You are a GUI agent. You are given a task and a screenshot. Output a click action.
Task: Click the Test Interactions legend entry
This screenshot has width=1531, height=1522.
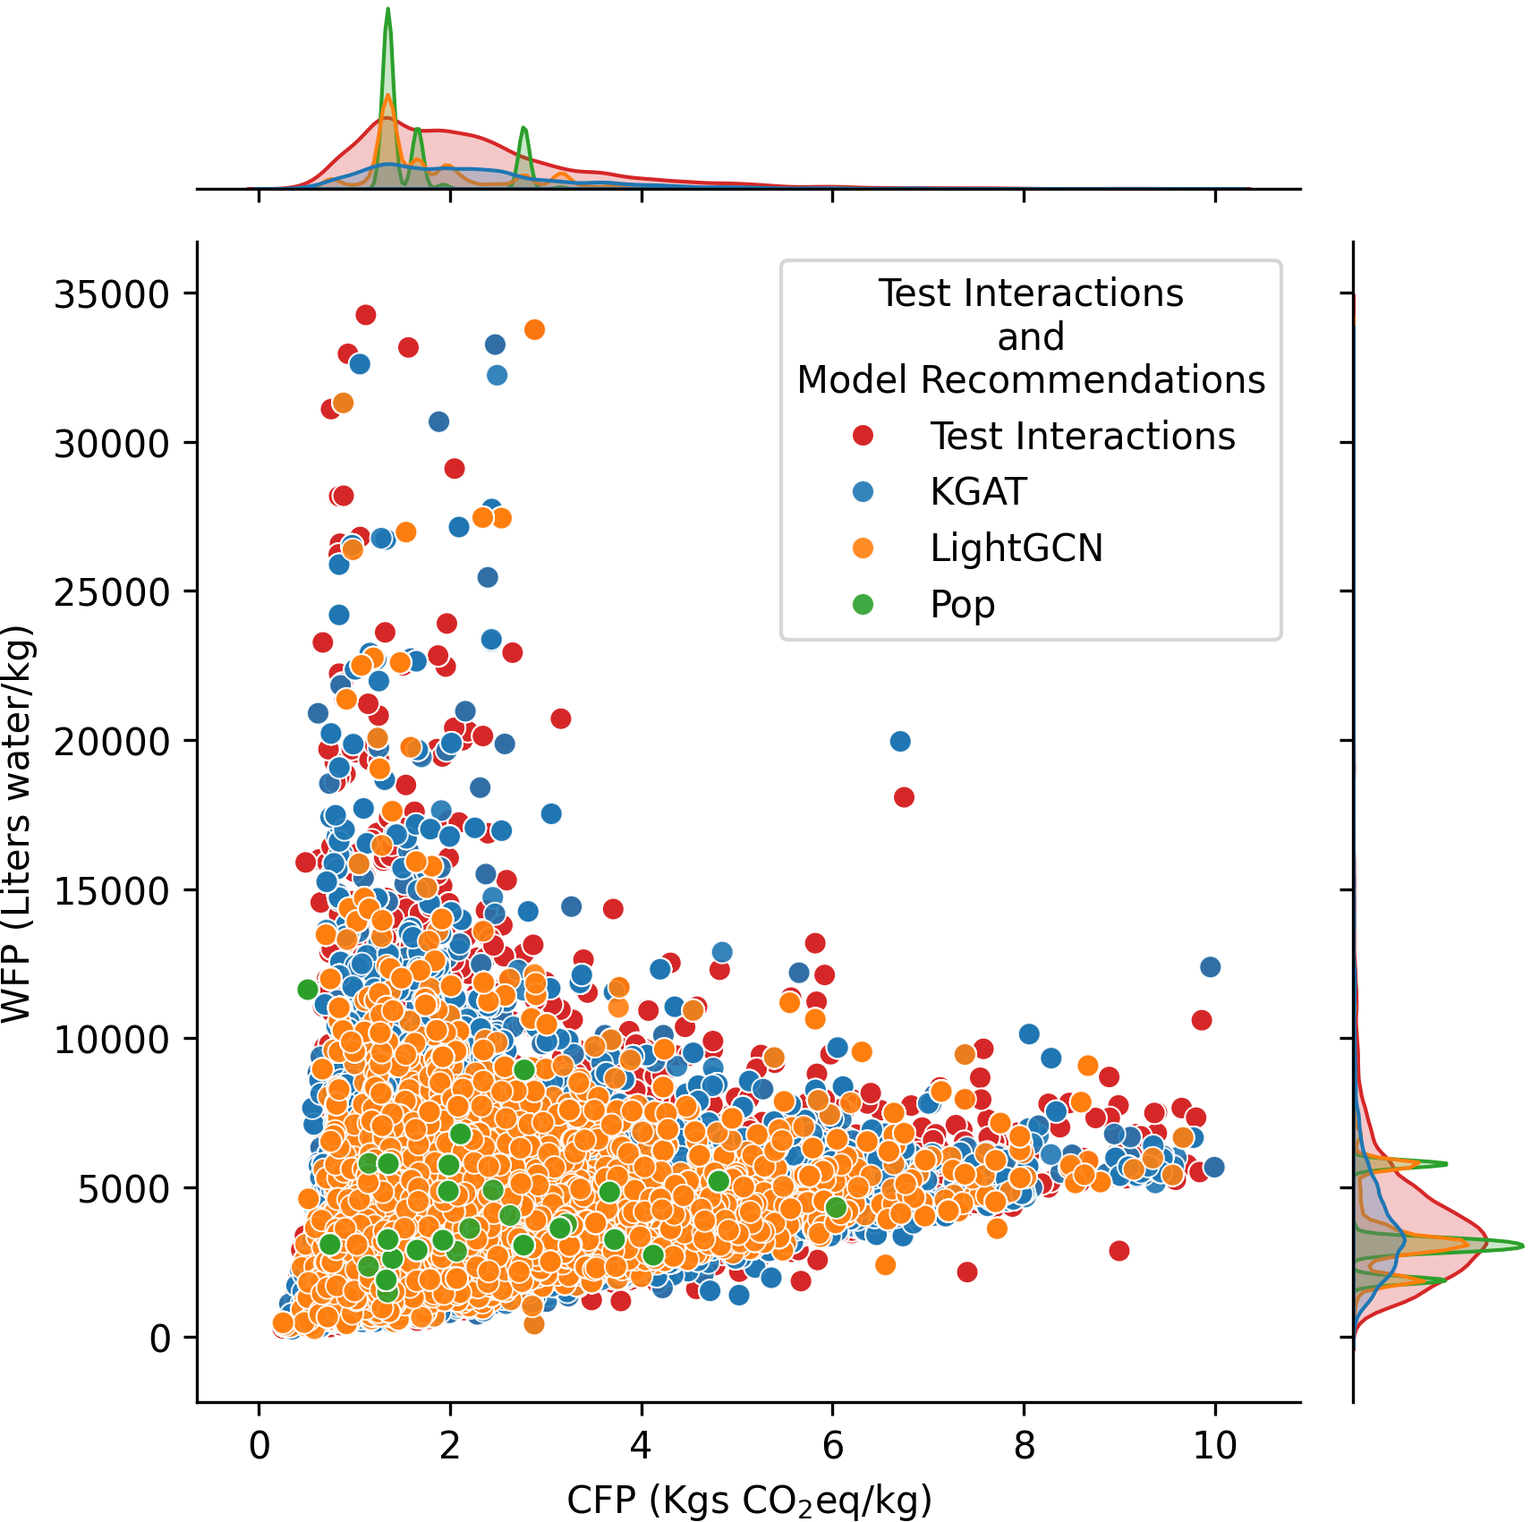tap(1082, 437)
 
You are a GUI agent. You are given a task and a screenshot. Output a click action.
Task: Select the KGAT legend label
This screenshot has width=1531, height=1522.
tap(978, 492)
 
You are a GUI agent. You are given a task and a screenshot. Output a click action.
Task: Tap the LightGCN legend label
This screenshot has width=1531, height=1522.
tap(1016, 548)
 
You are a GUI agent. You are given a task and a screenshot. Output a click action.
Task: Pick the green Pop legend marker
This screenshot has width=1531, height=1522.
tap(863, 605)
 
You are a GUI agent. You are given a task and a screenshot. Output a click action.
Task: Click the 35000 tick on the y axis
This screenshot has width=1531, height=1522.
tap(112, 293)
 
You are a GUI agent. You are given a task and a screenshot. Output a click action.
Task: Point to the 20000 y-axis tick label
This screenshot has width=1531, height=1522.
tap(112, 741)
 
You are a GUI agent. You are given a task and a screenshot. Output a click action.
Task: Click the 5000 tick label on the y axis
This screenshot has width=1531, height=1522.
tap(123, 1189)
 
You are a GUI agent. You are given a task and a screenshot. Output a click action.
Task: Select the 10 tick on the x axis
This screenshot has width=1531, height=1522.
tap(1215, 1446)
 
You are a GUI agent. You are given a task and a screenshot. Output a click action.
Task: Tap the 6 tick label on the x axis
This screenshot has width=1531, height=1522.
tap(833, 1446)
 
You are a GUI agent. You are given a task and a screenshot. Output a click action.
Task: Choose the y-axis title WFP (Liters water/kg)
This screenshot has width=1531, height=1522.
tap(18, 823)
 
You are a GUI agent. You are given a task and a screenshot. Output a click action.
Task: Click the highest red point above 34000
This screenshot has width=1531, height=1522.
tap(365, 315)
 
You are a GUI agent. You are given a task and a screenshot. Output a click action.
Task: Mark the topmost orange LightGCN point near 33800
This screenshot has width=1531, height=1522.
tap(534, 329)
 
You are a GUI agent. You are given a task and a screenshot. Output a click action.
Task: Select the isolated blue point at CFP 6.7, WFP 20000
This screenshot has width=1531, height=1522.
tap(900, 741)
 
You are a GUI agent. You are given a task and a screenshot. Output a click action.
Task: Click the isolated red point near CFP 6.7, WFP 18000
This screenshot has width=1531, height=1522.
tap(904, 797)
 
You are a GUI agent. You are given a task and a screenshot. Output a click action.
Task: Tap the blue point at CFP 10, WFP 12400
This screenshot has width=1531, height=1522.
tap(1211, 966)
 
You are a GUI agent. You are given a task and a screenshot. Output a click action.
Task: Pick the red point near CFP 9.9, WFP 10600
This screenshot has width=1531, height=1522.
tap(1202, 1020)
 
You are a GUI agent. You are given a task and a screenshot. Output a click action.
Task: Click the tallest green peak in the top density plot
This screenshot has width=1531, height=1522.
tap(387, 11)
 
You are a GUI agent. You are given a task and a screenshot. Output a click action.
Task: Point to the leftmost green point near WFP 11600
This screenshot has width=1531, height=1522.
tap(308, 990)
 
